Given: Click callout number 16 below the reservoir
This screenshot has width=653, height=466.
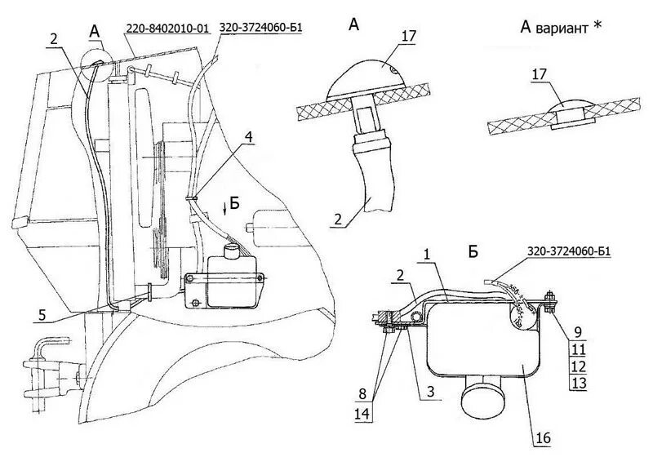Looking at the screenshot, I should [544, 437].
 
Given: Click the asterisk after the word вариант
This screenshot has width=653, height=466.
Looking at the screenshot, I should [597, 26].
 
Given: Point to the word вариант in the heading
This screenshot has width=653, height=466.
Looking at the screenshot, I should [562, 27].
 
